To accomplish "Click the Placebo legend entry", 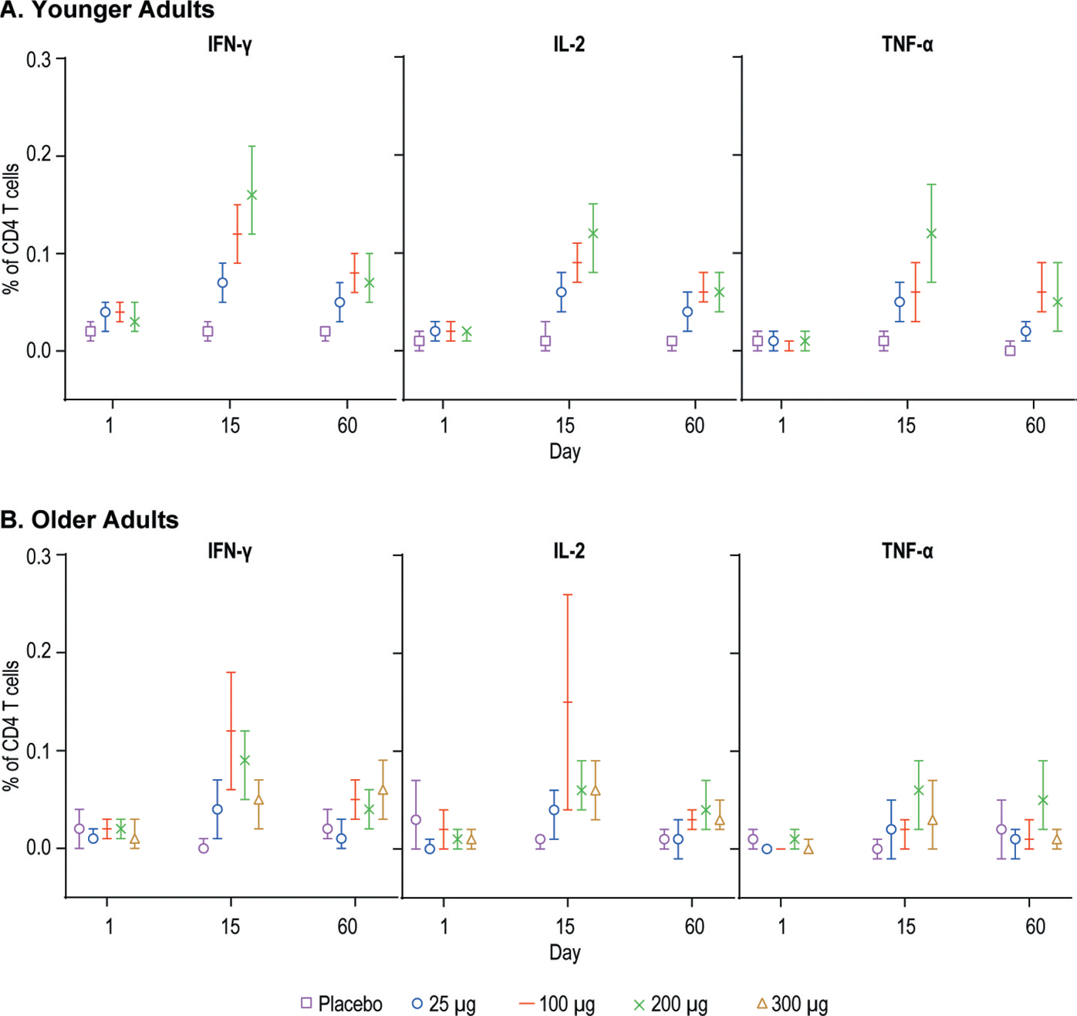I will tap(342, 1004).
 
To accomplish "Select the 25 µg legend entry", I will tap(444, 1004).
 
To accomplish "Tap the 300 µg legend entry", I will tap(792, 1004).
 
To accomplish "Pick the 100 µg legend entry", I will tap(558, 1004).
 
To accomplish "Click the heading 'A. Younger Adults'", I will tap(107, 10).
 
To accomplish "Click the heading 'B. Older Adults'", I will tap(89, 520).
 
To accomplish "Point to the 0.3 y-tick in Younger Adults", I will tap(39, 59).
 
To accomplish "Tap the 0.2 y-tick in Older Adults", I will tap(39, 652).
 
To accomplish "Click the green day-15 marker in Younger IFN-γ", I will tap(252, 195).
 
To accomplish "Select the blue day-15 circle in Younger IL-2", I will tap(562, 292).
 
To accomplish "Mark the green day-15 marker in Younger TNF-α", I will tap(931, 234).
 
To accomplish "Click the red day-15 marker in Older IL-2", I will tap(568, 702).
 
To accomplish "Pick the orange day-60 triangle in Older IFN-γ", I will tap(383, 790).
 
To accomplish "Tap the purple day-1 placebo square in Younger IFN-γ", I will tap(90, 332).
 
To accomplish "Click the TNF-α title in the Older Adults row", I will tap(907, 551).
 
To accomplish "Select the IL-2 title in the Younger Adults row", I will tap(569, 44).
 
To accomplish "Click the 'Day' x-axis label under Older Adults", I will tap(565, 952).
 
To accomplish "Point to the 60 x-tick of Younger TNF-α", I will tap(1035, 425).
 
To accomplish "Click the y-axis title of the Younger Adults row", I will tap(11, 228).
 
